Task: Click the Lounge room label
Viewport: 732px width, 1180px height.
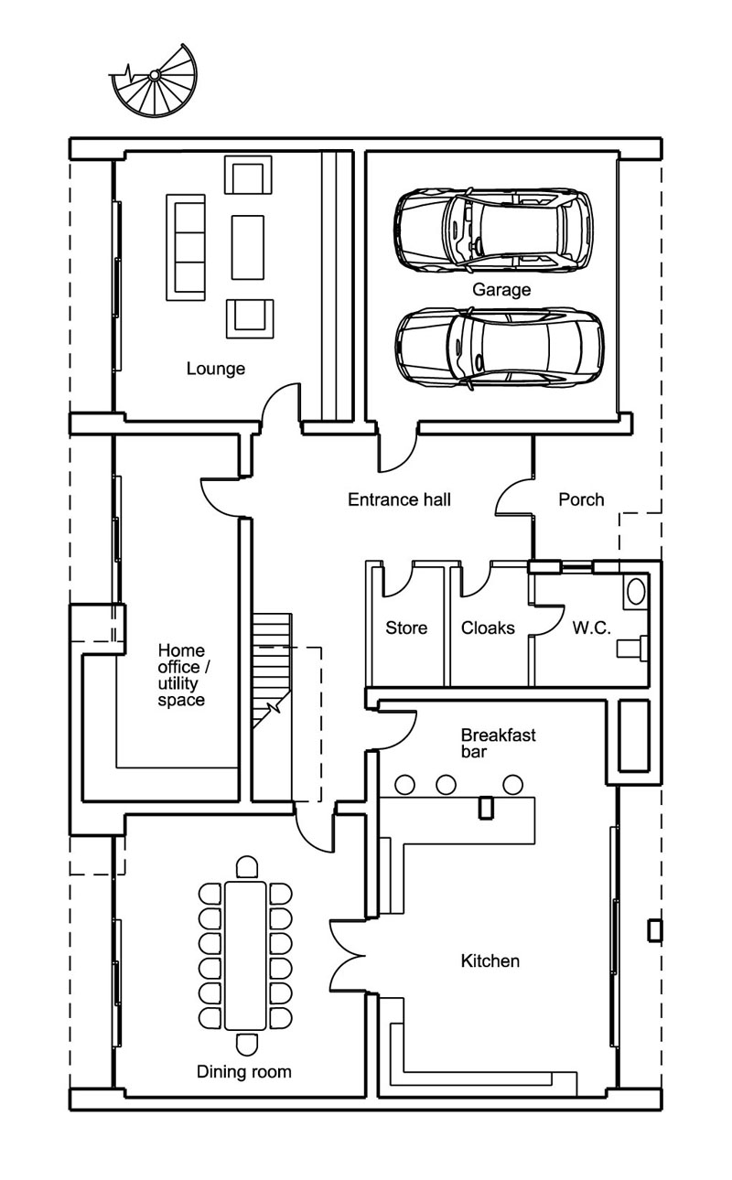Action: pos(216,369)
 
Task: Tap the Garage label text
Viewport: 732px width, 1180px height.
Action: pos(501,290)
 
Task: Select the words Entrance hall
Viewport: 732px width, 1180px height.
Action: pos(399,499)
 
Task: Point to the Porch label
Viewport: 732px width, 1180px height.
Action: pos(581,499)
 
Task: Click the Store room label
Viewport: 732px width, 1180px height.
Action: pos(406,628)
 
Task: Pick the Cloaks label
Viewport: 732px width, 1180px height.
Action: pos(488,628)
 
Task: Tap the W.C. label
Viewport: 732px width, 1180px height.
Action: pos(592,628)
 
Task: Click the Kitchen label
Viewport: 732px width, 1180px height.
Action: pos(490,960)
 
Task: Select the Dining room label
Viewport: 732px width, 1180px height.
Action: pos(244,1071)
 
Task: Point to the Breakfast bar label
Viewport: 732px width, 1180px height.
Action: pos(485,743)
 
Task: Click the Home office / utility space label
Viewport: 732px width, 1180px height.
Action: pos(181,675)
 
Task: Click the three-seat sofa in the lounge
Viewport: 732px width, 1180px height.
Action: pos(183,246)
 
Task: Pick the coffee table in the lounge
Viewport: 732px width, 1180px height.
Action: pos(247,246)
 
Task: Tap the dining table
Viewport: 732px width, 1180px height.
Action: pos(245,954)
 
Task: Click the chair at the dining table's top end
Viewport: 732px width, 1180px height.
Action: pos(246,866)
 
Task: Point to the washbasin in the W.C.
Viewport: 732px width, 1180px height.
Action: pos(636,592)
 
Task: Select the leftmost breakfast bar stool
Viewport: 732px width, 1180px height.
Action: pos(404,784)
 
